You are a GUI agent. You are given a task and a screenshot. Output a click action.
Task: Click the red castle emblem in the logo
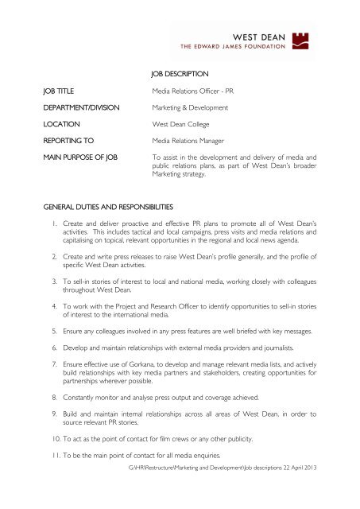[327, 35]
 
